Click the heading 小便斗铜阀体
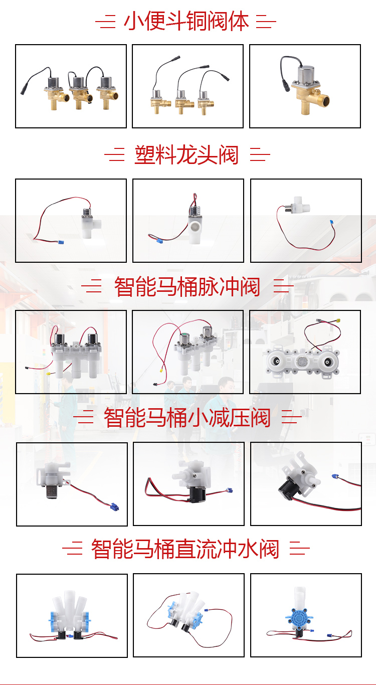click(x=186, y=21)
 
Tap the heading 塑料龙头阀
click(x=186, y=155)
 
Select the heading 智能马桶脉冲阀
click(x=187, y=286)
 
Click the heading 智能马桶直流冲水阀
click(x=185, y=549)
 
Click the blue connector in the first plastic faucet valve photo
click(x=61, y=243)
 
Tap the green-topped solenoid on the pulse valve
click(x=184, y=339)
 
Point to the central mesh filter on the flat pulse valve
click(x=301, y=362)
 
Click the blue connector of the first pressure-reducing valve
click(x=115, y=506)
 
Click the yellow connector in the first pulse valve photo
click(x=48, y=374)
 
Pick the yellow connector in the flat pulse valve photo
click(x=338, y=321)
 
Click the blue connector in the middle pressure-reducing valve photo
click(x=229, y=490)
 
